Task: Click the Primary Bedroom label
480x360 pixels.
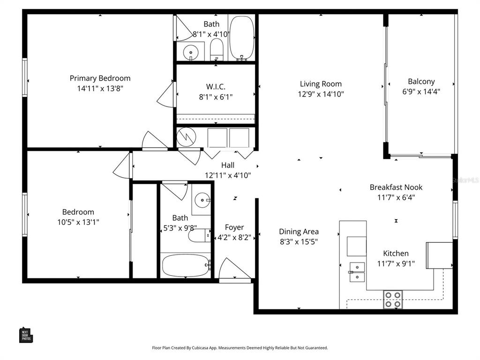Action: (x=100, y=78)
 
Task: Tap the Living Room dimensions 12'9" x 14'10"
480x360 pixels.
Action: (x=321, y=94)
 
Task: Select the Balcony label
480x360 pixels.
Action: (x=421, y=81)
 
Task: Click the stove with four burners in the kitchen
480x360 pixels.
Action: (x=393, y=299)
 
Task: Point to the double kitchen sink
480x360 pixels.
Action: (x=357, y=272)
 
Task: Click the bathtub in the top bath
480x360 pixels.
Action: (x=241, y=37)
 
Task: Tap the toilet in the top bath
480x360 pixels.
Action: (x=216, y=49)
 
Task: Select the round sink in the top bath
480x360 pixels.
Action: (x=190, y=52)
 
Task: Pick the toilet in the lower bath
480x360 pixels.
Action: (x=199, y=235)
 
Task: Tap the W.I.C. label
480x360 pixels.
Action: (x=216, y=87)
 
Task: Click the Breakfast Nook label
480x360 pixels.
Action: (x=396, y=187)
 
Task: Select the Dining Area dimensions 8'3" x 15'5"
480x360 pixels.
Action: (x=299, y=242)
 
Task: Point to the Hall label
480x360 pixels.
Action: (x=228, y=165)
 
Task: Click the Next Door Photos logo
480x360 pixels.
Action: (x=26, y=335)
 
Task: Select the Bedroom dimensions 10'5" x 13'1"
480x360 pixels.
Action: (x=78, y=222)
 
